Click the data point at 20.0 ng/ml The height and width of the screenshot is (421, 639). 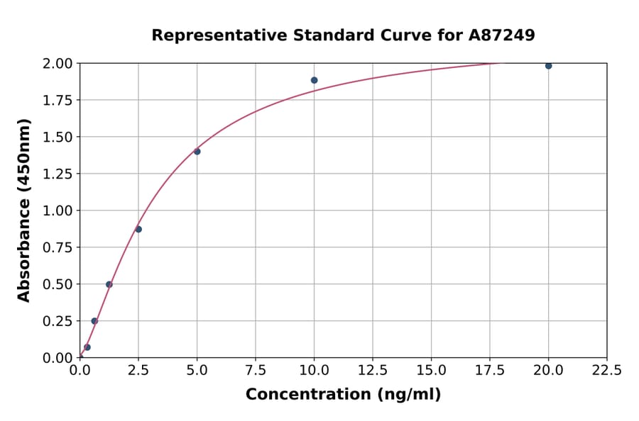pos(548,66)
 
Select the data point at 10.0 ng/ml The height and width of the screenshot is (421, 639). pos(314,80)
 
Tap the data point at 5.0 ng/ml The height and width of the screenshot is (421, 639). pos(197,151)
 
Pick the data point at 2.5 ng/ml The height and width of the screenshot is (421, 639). pos(138,229)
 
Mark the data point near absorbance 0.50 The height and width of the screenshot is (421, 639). pos(109,284)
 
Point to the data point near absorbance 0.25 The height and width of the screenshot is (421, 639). pos(94,321)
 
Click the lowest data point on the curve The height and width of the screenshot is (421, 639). pos(87,347)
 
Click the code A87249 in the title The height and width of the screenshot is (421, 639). pos(503,35)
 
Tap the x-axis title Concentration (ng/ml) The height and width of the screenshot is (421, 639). pos(343,395)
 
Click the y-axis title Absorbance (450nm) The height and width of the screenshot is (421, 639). pos(24,211)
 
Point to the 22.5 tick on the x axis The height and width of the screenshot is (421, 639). pos(606,370)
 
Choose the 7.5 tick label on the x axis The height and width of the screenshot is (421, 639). pos(256,370)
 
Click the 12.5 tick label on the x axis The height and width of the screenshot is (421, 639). pos(373,370)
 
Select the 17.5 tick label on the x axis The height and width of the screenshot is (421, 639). pos(490,370)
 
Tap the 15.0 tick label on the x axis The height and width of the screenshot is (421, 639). pos(431,370)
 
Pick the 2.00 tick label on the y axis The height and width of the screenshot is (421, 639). pos(57,64)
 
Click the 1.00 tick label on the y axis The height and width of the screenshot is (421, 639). pos(57,211)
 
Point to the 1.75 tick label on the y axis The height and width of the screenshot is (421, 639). pos(57,101)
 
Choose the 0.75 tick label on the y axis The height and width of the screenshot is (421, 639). pos(57,247)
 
